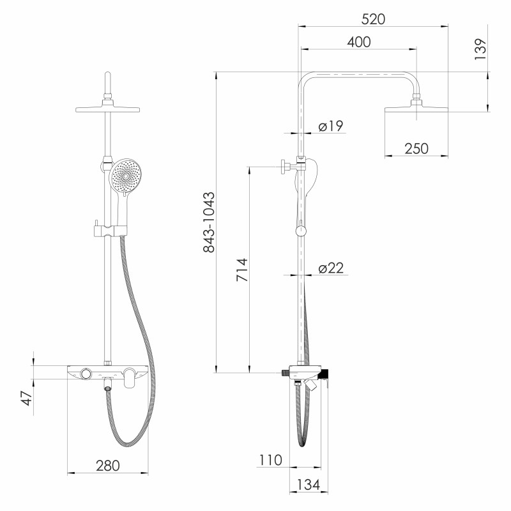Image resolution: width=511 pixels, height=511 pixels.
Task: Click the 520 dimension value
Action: (x=373, y=19)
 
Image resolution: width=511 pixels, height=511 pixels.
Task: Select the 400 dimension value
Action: (x=359, y=42)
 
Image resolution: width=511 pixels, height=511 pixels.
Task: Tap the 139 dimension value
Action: (x=480, y=49)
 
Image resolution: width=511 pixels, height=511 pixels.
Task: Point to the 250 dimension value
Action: (x=416, y=149)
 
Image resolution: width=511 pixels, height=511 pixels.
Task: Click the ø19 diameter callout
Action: (x=331, y=126)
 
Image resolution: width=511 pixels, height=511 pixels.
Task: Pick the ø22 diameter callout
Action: (x=331, y=268)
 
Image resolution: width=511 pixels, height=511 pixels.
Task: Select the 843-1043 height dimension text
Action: (x=209, y=222)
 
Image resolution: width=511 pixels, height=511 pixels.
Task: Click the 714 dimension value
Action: (x=242, y=270)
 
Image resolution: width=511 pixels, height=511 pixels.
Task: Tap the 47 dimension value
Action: (x=27, y=398)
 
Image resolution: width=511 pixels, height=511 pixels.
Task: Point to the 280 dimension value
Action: (x=108, y=466)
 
